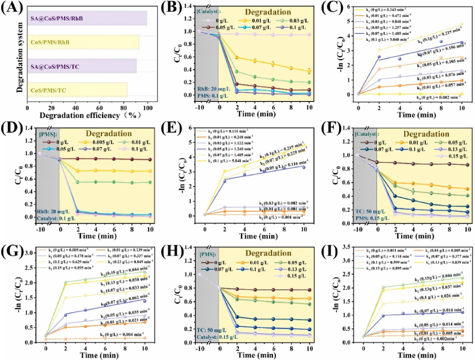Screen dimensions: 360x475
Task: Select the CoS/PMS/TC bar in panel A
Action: [x=77, y=90]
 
